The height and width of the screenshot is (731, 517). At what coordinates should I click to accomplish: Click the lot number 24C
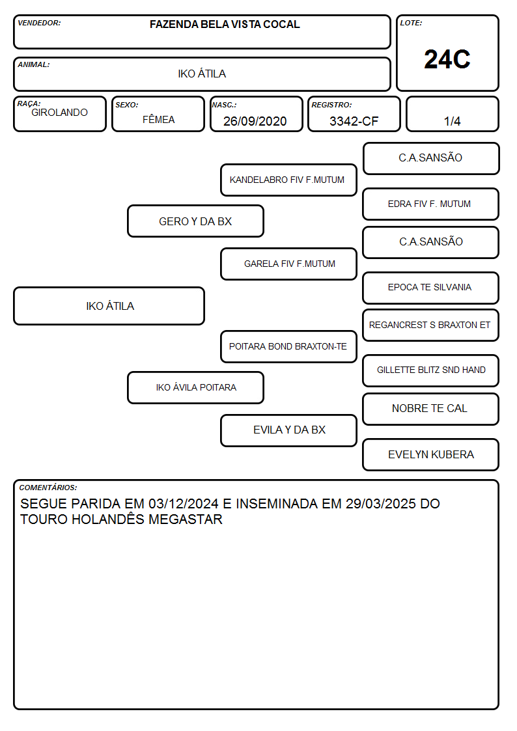(447, 59)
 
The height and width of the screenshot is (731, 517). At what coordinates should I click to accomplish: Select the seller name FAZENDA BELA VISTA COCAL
(225, 24)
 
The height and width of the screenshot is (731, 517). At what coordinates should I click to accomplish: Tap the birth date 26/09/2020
(255, 121)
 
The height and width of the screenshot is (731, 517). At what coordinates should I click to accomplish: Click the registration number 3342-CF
(354, 121)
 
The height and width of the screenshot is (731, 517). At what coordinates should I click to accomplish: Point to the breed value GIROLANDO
(59, 113)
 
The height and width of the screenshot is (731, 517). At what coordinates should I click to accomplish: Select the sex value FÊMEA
(158, 119)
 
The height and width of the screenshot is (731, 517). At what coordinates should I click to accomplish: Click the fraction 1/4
(452, 121)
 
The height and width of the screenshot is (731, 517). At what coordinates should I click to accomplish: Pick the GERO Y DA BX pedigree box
(195, 221)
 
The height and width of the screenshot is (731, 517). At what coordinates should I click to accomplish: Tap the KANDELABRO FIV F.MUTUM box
(288, 180)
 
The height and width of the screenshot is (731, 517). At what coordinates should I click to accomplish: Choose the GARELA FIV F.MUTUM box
(288, 264)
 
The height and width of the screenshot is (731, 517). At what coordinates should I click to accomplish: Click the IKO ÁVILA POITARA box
(195, 387)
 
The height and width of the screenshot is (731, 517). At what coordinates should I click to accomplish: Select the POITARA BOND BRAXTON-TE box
(288, 347)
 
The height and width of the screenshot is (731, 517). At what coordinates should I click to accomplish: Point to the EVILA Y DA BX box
(288, 430)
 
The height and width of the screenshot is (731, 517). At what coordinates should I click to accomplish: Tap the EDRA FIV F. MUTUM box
(431, 204)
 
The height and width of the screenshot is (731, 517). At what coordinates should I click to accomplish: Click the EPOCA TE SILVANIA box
(431, 288)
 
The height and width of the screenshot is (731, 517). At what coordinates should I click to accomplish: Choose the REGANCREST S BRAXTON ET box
(431, 325)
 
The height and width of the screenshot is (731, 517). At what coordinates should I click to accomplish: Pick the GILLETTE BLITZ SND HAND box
(431, 370)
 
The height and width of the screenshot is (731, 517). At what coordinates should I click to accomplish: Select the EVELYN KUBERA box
(431, 454)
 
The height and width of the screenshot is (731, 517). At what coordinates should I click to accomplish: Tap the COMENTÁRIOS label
(48, 488)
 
